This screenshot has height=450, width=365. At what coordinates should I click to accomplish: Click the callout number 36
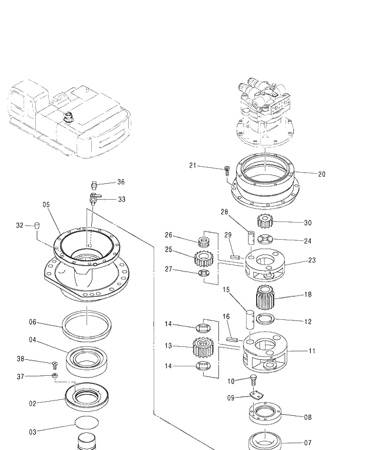[x=121, y=182]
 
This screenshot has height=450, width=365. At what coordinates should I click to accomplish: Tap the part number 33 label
[x=121, y=200]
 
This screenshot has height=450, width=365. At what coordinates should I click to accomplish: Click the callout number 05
[x=46, y=204]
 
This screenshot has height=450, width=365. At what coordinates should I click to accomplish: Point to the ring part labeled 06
[x=87, y=323]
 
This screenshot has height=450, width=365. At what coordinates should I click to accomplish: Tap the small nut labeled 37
[x=55, y=376]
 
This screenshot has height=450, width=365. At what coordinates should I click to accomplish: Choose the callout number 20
[x=321, y=174]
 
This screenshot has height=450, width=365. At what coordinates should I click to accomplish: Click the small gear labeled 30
[x=266, y=221]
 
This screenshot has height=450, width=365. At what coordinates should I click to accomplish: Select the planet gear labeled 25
[x=203, y=257]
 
